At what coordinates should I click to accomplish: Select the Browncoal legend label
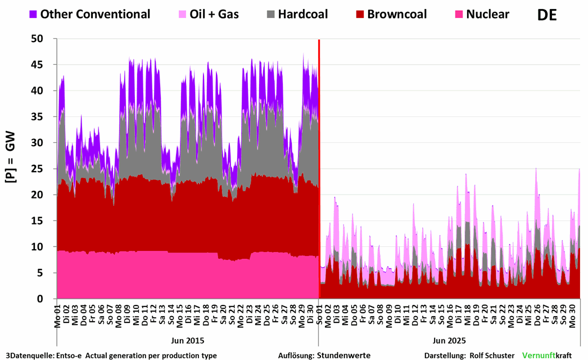[397, 14]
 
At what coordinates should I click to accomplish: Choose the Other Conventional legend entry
[95, 14]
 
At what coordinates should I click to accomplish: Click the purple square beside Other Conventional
[33, 14]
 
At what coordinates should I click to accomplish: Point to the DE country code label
[546, 15]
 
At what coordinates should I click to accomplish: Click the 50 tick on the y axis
[43, 39]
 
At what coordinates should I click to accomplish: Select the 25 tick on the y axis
[43, 169]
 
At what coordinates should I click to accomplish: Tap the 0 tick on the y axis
[47, 299]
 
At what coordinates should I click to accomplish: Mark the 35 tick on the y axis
[43, 117]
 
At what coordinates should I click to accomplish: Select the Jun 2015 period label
[187, 340]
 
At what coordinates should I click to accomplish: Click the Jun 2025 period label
[449, 340]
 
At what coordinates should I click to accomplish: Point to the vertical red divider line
[319, 169]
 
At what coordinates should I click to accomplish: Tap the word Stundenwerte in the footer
[345, 355]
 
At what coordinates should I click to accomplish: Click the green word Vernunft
[539, 355]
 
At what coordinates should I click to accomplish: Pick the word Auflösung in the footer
[296, 355]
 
